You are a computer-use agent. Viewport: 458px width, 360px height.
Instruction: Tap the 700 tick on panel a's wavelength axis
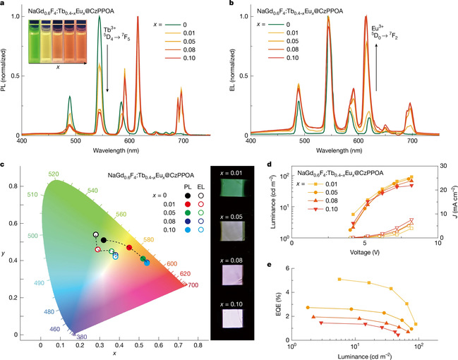182,142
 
